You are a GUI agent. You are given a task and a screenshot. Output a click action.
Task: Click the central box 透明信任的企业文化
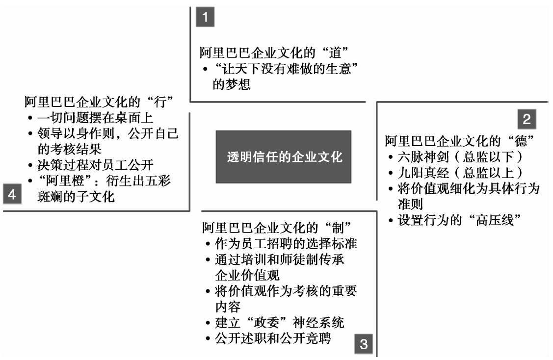pos(283,156)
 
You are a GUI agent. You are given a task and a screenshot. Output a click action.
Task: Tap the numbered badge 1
pos(205,17)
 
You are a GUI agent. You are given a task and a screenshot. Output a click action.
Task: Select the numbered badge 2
pos(527,119)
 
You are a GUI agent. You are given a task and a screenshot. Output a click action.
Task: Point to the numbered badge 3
pos(364,343)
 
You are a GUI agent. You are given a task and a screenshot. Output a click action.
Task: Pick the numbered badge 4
pos(12,194)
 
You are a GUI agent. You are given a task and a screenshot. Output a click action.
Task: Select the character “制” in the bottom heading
pos(340,228)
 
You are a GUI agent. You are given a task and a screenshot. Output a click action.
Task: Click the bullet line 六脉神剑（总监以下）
pos(466,158)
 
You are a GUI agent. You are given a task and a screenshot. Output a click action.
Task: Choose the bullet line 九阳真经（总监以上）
pos(466,173)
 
